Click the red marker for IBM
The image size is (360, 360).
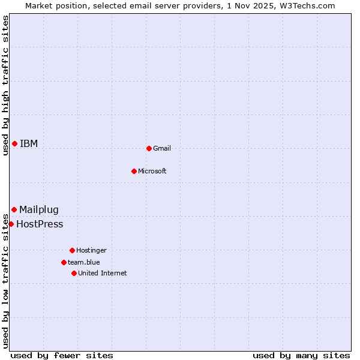[14, 143]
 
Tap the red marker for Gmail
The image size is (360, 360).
[149, 148]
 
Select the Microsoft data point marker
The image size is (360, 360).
[134, 171]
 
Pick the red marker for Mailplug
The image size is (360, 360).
[14, 209]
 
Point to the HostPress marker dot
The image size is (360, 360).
[11, 224]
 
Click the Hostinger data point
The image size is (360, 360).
[72, 250]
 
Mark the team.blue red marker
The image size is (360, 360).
[64, 262]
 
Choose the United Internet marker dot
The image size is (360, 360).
[74, 273]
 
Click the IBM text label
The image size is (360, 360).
[29, 143]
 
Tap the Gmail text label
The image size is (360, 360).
[162, 148]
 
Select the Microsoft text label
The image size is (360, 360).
[152, 171]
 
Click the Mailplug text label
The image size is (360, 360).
[39, 209]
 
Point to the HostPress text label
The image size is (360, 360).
[40, 224]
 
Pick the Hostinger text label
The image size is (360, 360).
[91, 250]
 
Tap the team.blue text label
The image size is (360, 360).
[84, 262]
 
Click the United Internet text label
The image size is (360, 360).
[102, 273]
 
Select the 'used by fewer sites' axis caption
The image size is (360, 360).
[62, 355]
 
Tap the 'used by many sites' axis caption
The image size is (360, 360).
[301, 355]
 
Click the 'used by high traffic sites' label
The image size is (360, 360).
[5, 85]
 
